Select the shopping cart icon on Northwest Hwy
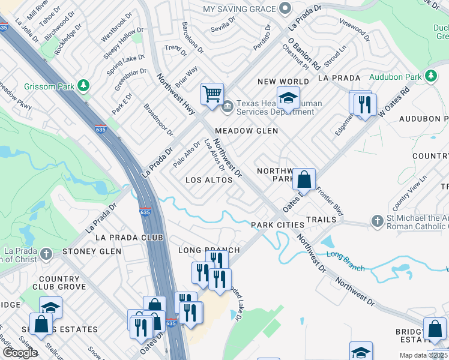212,94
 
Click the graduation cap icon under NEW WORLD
288,98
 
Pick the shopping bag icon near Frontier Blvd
304,179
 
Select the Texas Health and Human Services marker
228,107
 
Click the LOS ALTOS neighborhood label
209,180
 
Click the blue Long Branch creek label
345,262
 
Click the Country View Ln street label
407,188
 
